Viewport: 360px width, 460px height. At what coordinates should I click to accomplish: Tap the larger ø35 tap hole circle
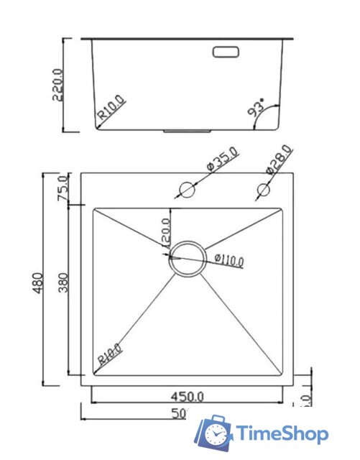(187, 190)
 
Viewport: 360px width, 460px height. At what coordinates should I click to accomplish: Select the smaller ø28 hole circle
(263, 190)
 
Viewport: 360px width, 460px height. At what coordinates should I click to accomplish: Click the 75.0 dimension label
(62, 189)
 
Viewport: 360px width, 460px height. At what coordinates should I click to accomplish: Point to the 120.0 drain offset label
(167, 234)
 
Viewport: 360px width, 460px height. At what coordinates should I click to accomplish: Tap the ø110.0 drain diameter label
(229, 260)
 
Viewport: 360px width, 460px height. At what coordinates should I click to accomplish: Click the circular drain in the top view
(187, 257)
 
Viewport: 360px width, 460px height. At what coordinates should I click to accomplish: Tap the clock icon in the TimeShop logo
(216, 433)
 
